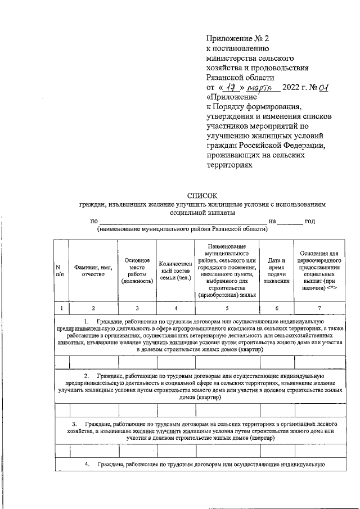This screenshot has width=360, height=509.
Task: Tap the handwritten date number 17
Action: (x=229, y=87)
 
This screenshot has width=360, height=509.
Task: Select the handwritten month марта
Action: (x=263, y=88)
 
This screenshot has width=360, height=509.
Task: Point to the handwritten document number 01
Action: (x=323, y=87)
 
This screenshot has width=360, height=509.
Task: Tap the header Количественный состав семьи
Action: (x=175, y=270)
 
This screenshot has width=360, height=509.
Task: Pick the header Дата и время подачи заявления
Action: (x=276, y=270)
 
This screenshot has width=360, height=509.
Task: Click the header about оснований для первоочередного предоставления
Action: (x=319, y=270)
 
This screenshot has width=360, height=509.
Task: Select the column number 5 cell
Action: (x=227, y=308)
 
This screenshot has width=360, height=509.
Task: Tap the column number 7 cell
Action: (x=319, y=308)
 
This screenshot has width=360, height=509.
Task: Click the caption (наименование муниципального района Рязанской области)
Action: (x=182, y=229)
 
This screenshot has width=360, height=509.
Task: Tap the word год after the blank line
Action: (x=310, y=220)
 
